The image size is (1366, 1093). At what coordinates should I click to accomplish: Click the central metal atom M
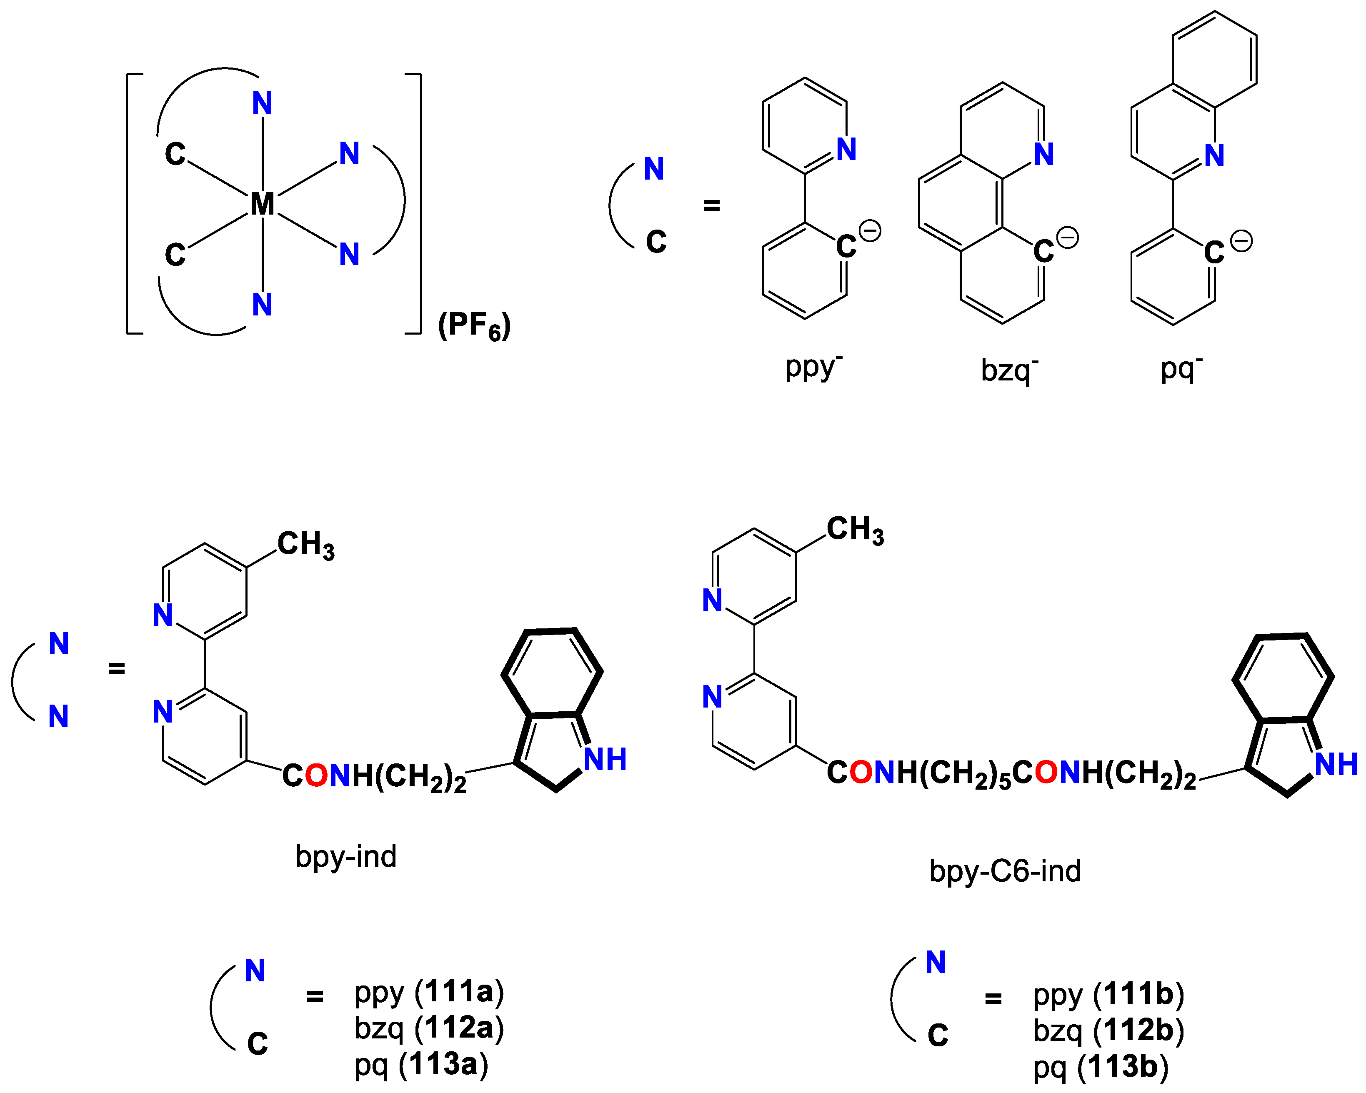[x=262, y=204]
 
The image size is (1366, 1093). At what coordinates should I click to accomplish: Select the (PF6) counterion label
[x=474, y=326]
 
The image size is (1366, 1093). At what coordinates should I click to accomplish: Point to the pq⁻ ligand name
[x=1181, y=369]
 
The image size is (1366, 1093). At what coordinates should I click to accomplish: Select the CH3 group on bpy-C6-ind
[x=855, y=530]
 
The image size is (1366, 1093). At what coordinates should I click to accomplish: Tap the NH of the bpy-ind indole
[x=605, y=759]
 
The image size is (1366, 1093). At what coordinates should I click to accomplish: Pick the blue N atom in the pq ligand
[x=1214, y=155]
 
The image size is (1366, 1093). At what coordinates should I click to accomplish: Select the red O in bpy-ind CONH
[x=317, y=775]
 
